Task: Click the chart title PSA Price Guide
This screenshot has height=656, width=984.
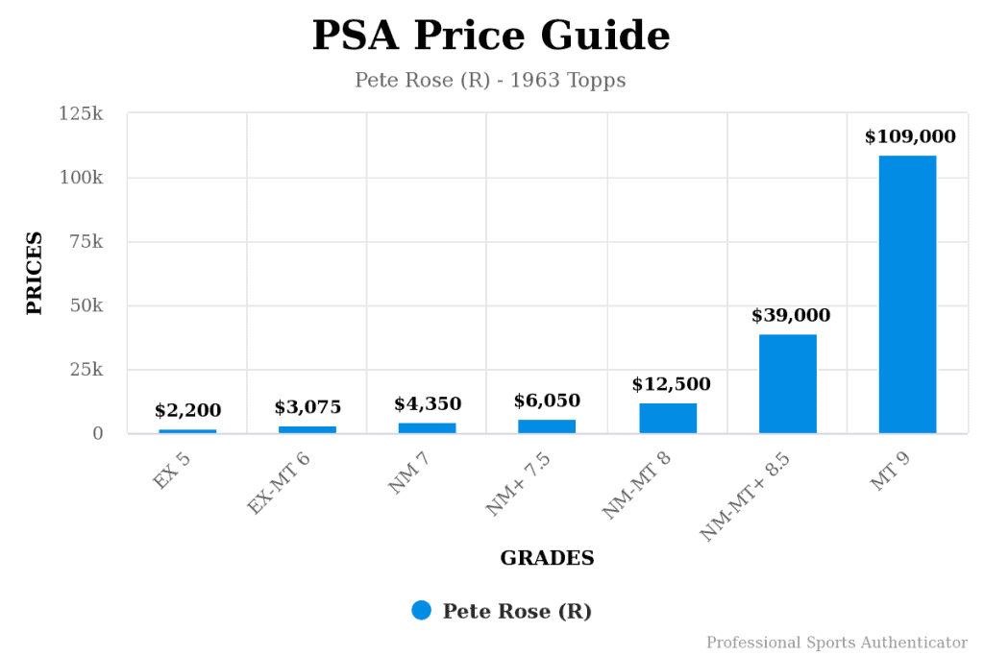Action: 491,36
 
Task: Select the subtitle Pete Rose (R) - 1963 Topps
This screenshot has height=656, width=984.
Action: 490,80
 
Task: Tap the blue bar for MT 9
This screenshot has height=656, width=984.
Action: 907,294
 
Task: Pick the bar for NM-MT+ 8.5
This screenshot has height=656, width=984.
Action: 787,383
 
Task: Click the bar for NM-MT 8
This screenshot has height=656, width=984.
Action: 668,418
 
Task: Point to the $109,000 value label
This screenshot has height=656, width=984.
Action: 910,136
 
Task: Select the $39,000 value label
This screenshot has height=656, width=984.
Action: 790,315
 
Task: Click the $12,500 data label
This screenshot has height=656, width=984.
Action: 671,384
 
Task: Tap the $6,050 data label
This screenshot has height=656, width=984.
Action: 547,401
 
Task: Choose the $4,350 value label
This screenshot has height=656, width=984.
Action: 428,403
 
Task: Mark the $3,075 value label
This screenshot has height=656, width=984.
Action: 307,407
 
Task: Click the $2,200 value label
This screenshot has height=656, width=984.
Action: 187,411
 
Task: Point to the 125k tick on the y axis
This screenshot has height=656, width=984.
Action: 81,114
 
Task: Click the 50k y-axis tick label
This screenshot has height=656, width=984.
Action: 85,306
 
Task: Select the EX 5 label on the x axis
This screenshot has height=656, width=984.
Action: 173,471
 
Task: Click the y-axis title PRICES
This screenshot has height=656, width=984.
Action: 35,273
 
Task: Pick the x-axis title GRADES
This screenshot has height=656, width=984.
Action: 547,558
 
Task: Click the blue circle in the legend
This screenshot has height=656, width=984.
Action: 421,611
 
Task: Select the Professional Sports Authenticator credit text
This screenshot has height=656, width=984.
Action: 836,643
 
